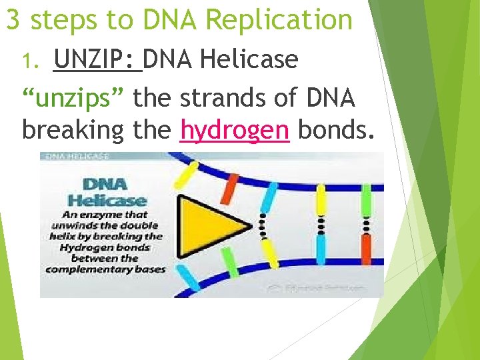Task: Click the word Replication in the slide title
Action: click(279, 19)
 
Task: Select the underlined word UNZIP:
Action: click(97, 59)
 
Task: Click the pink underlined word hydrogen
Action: click(235, 129)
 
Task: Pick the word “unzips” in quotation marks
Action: click(73, 99)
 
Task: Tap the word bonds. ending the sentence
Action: click(333, 129)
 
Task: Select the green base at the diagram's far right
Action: click(366, 200)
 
